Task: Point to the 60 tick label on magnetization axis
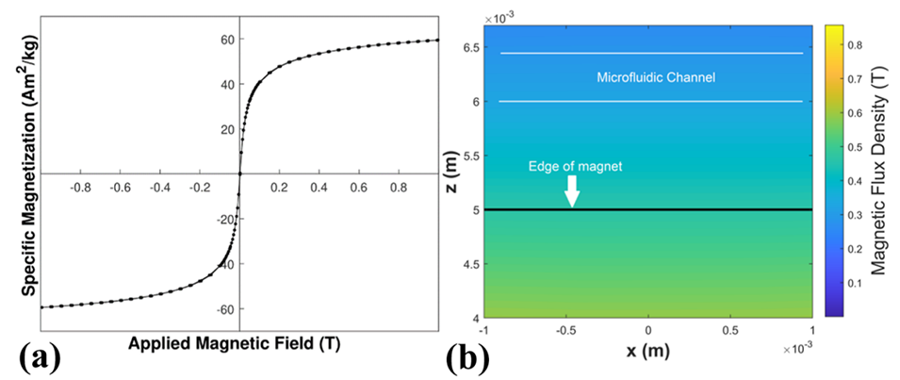tap(227, 40)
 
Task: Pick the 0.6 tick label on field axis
tap(359, 188)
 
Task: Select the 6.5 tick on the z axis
tap(469, 47)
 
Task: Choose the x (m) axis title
tap(647, 354)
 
